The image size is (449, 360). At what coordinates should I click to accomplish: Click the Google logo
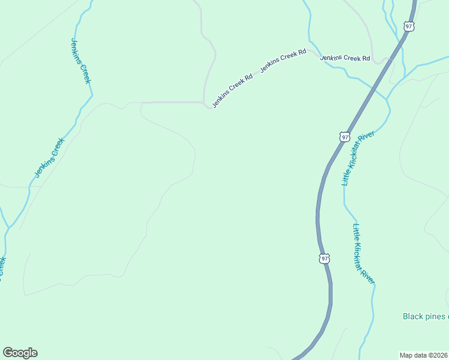[20, 353]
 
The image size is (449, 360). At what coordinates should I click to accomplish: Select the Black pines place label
[426, 316]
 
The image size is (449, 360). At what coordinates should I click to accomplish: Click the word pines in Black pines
[437, 316]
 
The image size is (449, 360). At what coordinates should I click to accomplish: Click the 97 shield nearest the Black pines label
[324, 258]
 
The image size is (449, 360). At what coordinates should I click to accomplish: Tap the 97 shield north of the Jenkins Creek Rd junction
[409, 26]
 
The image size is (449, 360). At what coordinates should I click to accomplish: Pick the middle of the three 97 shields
[344, 137]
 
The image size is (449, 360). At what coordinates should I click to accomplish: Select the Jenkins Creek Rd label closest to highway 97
[345, 58]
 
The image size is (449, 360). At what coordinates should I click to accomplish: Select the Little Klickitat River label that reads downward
[364, 254]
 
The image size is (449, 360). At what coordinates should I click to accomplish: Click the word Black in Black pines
[414, 316]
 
